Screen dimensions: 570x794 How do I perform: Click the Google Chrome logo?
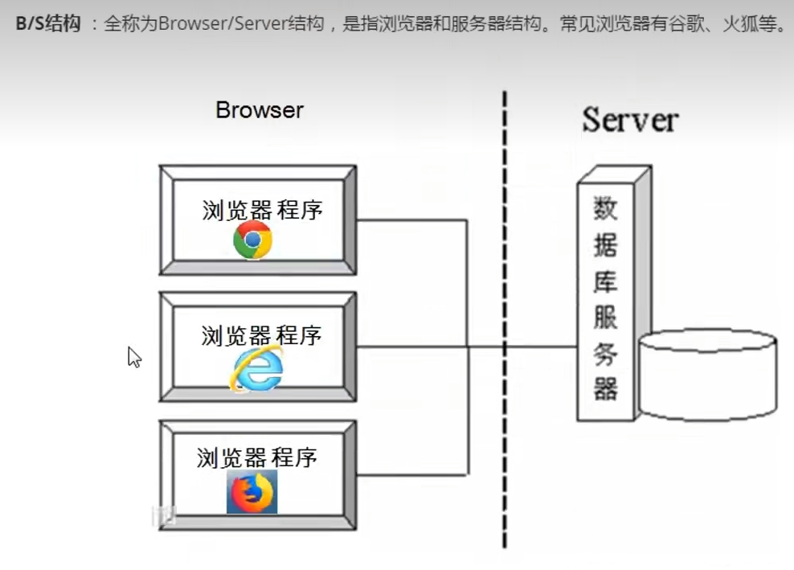(x=252, y=240)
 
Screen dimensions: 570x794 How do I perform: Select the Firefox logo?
(x=252, y=491)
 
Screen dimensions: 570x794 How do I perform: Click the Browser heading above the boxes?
(x=260, y=110)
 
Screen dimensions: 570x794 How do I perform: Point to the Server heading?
(x=630, y=120)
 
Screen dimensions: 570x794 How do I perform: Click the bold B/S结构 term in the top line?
(x=48, y=23)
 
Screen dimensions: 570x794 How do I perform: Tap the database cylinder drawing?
(x=707, y=374)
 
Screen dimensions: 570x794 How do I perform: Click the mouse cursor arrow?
(x=133, y=356)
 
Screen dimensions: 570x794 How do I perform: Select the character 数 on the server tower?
(x=605, y=209)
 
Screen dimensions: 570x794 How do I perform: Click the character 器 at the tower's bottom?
(x=605, y=388)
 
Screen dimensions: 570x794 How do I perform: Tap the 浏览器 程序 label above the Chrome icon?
(x=262, y=211)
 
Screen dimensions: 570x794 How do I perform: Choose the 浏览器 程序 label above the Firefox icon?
(x=257, y=458)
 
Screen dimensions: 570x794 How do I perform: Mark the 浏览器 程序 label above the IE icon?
(x=261, y=335)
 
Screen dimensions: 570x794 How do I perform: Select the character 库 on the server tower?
(x=605, y=281)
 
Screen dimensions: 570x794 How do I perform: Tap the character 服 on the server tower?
(x=605, y=317)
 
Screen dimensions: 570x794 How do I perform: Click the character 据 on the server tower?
(x=605, y=245)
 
